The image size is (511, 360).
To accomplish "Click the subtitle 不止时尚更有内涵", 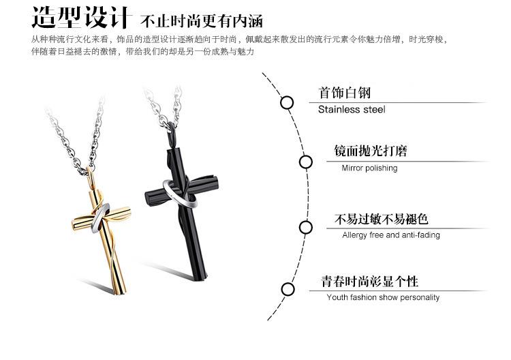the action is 192,19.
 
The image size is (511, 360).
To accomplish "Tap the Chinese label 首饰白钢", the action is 345,93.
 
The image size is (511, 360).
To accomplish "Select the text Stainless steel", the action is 352,109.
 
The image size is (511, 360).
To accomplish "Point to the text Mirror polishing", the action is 369,168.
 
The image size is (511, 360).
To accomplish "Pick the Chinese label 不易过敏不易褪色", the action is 381,219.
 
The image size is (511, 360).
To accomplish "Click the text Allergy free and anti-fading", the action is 391,235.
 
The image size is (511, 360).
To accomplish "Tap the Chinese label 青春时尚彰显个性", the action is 371,281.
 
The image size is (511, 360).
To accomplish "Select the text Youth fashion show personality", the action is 383,297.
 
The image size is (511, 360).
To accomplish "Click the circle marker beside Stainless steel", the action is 287,102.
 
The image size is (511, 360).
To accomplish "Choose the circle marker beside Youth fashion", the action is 287,289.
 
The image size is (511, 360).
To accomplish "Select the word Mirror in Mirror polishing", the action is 354,168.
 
